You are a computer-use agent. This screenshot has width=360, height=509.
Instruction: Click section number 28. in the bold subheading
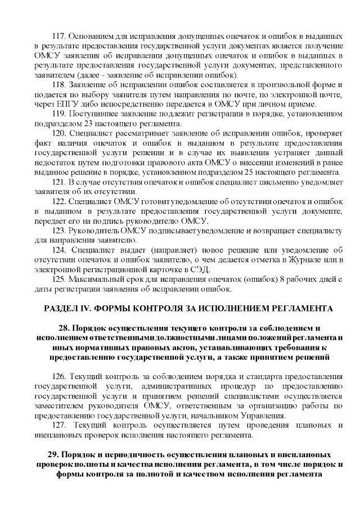point(64,328)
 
